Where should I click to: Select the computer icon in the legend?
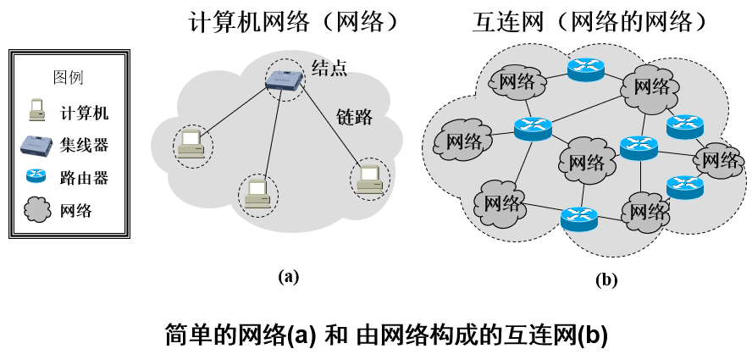click(x=36, y=111)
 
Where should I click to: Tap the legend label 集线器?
click(x=84, y=145)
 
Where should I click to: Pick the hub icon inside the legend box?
click(x=36, y=144)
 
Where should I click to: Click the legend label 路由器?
click(x=84, y=177)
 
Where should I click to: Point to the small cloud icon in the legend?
click(x=36, y=210)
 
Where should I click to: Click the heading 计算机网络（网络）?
click(x=293, y=21)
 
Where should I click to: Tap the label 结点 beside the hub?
click(x=329, y=69)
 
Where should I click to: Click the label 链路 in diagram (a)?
click(x=354, y=117)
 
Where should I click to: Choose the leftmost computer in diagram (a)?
click(x=191, y=145)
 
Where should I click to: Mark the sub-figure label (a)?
click(x=288, y=275)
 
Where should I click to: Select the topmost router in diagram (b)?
click(x=586, y=69)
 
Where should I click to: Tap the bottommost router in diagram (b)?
click(x=579, y=219)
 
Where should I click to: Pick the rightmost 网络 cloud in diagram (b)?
click(x=719, y=158)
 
